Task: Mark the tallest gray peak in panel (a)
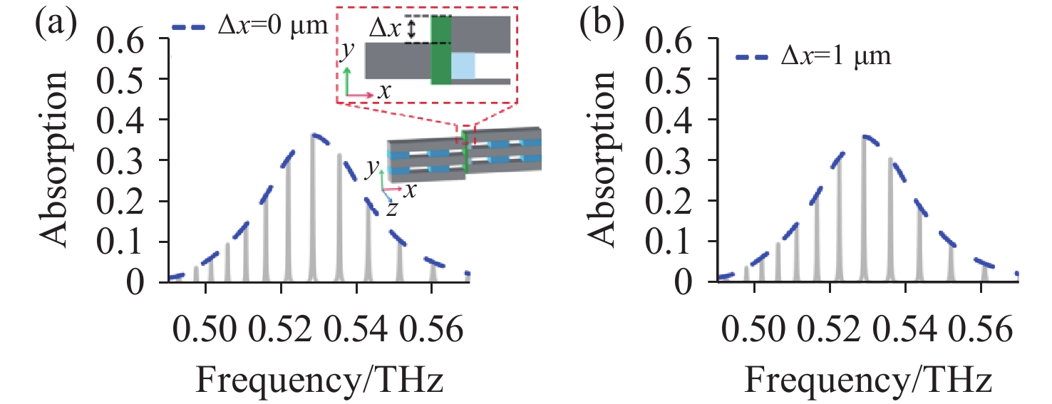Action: (314, 207)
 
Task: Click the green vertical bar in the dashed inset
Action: (441, 50)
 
